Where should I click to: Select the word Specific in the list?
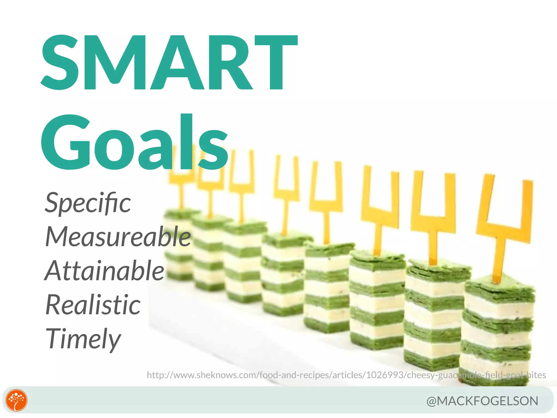88,203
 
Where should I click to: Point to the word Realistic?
93,305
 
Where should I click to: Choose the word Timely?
83,339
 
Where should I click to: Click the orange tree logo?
17,400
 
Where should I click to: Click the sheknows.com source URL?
346,375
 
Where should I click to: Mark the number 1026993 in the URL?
385,375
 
